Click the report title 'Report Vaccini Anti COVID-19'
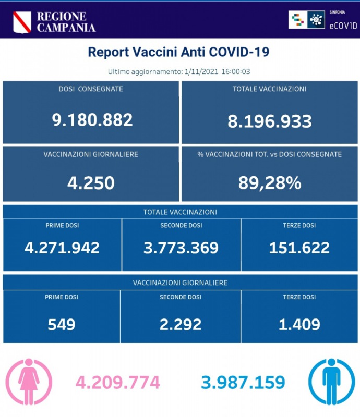[x=178, y=53]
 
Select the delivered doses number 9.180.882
[x=92, y=120]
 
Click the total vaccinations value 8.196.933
[x=270, y=121]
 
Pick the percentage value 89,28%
[x=269, y=182]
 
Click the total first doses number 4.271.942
[x=62, y=247]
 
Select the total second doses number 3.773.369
[x=181, y=247]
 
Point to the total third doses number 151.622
[x=299, y=247]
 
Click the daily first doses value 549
[x=62, y=324]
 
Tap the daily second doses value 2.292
[x=181, y=324]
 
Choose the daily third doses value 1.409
[x=299, y=324]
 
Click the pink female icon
[x=29, y=382]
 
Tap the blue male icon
[x=331, y=382]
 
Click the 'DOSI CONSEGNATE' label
[x=91, y=89]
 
